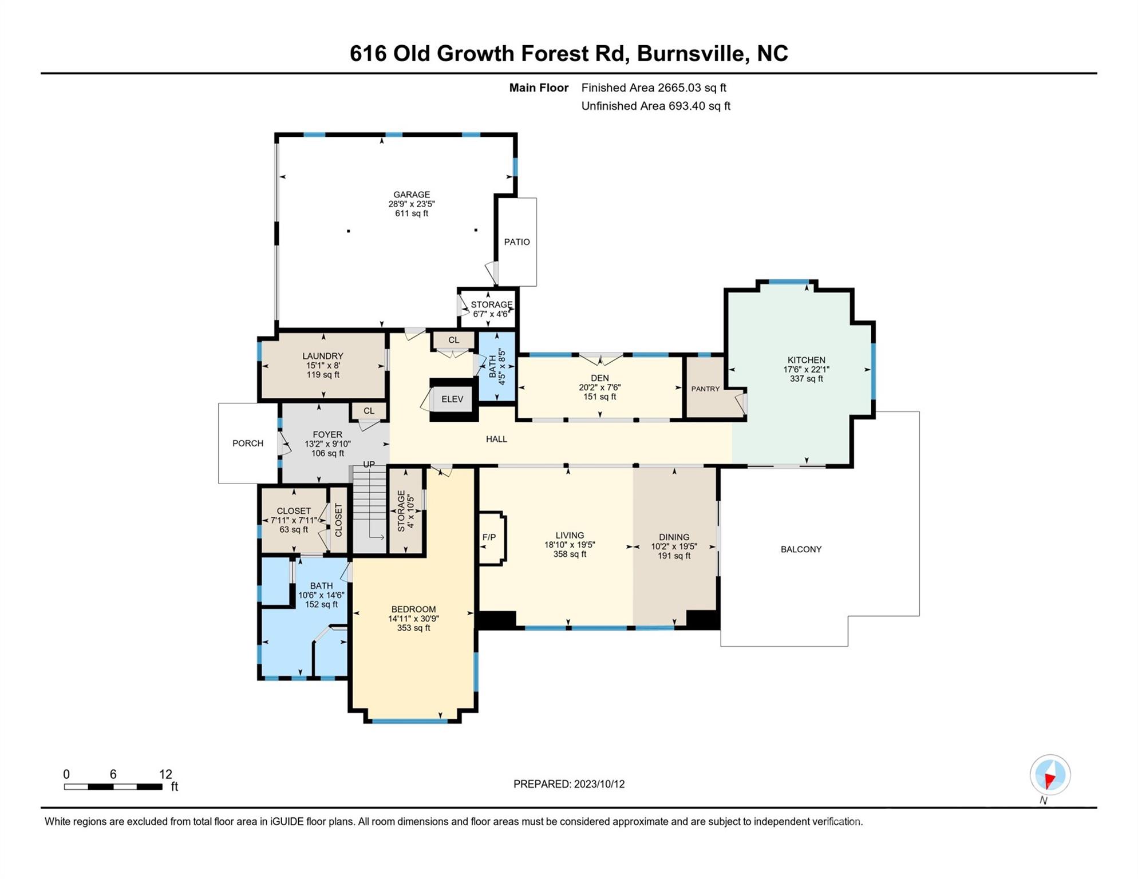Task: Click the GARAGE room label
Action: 412,195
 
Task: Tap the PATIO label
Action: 517,242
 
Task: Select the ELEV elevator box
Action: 452,399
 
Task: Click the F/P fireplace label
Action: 489,537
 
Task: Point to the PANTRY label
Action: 705,389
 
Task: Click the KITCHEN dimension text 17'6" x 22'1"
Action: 806,370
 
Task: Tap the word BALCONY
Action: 801,549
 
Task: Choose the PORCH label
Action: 248,444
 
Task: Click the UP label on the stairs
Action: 369,464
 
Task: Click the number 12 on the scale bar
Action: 165,774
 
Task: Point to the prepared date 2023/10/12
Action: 599,784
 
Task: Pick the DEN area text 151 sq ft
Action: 600,397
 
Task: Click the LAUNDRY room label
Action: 323,356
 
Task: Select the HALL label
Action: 496,439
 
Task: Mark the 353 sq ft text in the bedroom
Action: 413,628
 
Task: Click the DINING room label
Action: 674,537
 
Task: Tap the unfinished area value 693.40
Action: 685,106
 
